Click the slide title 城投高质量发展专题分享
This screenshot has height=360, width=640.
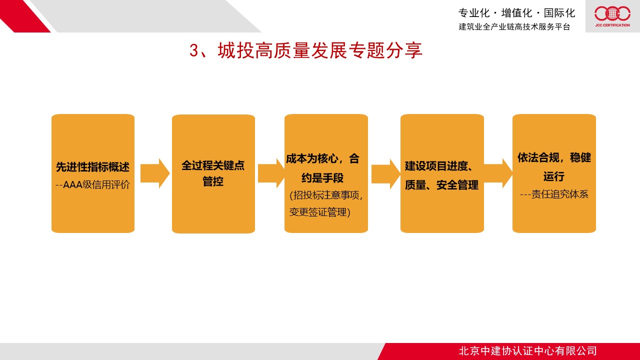pos(305,50)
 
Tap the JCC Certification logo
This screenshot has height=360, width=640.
pos(612,16)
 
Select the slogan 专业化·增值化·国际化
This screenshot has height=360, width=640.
pos(516,13)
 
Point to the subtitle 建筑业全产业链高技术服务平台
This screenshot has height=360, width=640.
pos(514,26)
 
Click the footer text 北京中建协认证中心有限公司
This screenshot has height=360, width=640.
pos(527,351)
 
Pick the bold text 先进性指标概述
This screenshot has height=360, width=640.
pos(93,167)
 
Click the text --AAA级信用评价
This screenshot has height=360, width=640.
pos(93,184)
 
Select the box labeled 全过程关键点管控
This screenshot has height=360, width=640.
pos(213,173)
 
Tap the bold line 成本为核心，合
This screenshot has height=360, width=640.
pos(322,158)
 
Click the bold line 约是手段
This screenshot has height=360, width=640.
pos(322,177)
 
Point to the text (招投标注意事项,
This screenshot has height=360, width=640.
pos(326,195)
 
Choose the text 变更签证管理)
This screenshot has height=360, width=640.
pos(320,212)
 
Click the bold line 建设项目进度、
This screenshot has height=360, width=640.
pos(438,166)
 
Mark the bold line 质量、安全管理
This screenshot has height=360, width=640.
pos(441,185)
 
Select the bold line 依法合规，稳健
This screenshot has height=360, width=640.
pos(554,157)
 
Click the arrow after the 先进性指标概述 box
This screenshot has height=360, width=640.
pos(155,173)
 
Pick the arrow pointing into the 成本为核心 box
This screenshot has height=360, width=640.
pos(271,173)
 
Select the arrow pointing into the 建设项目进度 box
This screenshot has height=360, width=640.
pos(385,174)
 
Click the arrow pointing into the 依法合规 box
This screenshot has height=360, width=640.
pos(498,173)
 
